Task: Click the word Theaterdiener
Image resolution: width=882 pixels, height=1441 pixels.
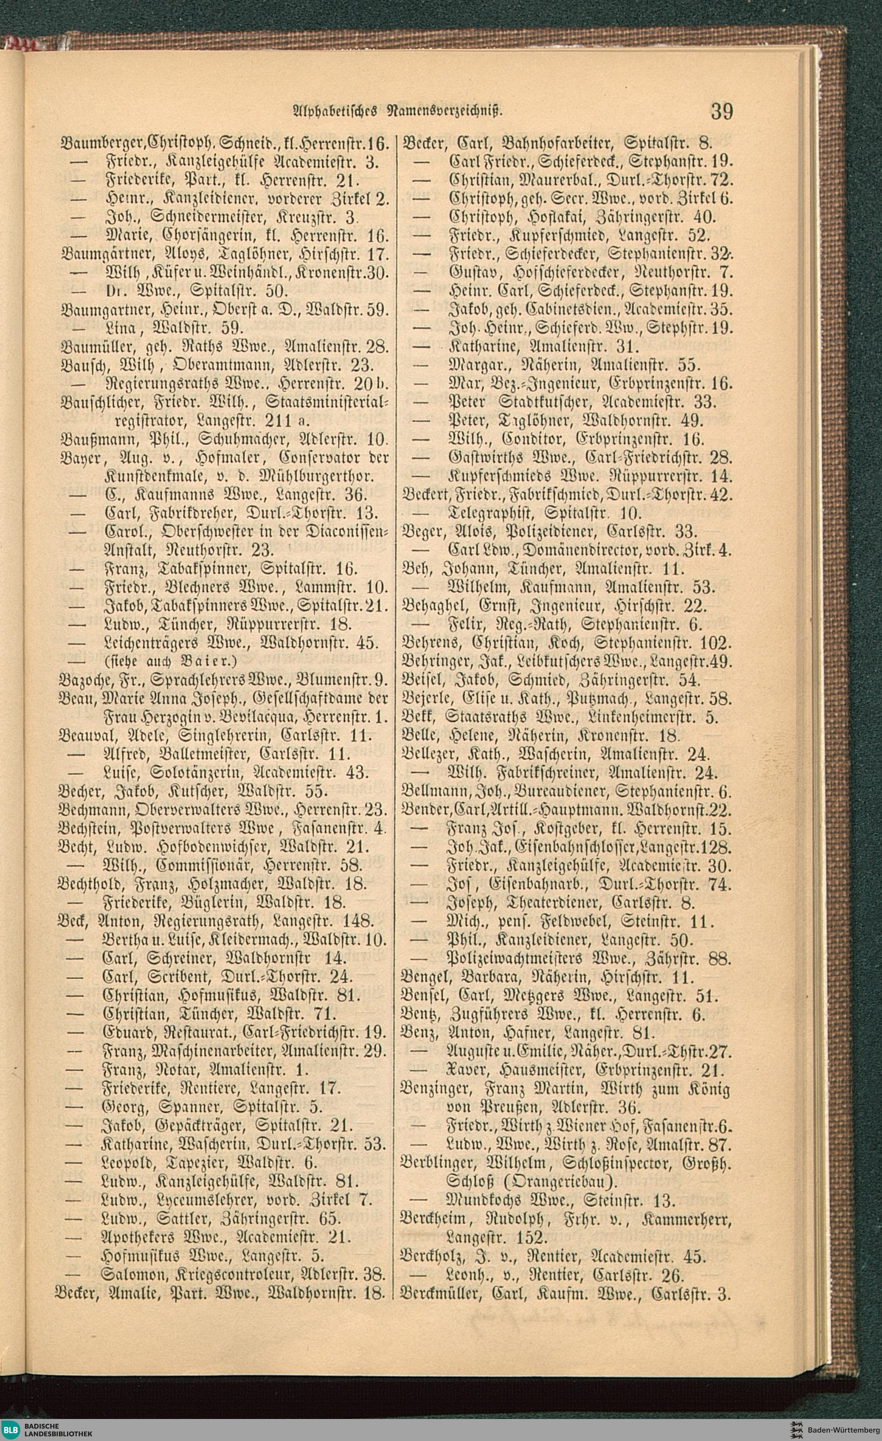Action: click(539, 901)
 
